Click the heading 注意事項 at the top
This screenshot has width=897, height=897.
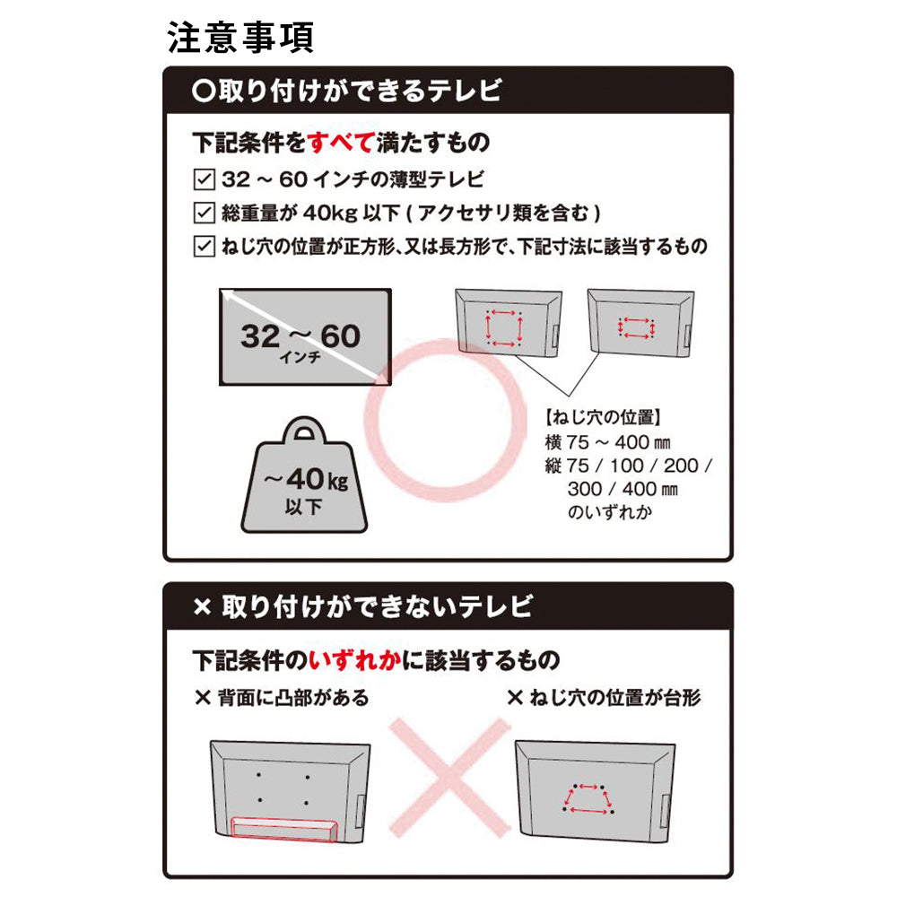click(240, 39)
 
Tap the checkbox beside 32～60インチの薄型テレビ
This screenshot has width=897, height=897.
click(205, 179)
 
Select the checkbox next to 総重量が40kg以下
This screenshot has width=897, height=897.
click(205, 213)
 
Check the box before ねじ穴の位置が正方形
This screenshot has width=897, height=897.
click(205, 247)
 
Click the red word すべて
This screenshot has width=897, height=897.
click(341, 143)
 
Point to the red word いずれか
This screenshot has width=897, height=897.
click(354, 661)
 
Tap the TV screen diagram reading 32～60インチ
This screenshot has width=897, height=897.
click(306, 337)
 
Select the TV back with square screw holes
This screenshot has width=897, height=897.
click(508, 323)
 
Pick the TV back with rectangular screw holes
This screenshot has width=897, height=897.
click(640, 323)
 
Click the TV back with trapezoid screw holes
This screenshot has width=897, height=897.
click(595, 792)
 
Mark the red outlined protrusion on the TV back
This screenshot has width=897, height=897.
click(284, 830)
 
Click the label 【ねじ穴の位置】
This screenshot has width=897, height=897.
click(603, 417)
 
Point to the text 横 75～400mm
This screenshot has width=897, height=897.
click(607, 442)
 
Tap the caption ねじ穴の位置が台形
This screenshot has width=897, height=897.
click(604, 698)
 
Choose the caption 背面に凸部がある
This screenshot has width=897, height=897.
click(282, 698)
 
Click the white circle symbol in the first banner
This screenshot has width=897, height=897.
click(204, 91)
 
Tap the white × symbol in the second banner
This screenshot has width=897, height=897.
click(203, 607)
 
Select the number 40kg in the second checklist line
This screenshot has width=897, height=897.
click(330, 213)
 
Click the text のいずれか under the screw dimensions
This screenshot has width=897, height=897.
click(610, 512)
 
